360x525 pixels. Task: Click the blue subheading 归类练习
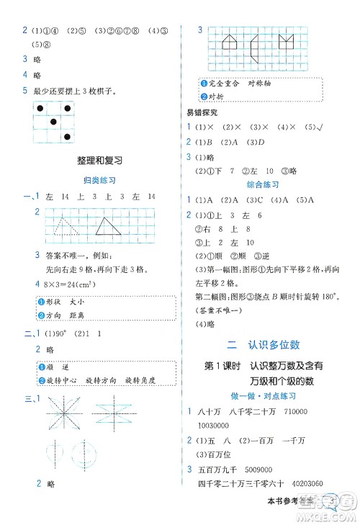pos(100,181)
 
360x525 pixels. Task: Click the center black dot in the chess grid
pos(52,122)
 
